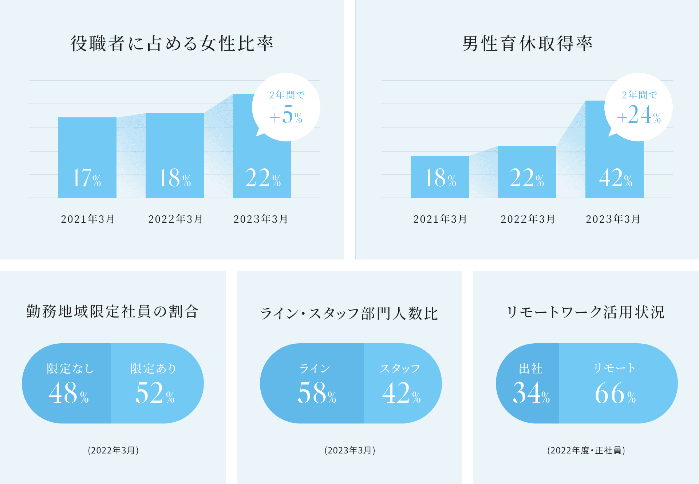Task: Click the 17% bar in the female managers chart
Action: click(87, 157)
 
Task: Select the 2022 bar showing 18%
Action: click(175, 156)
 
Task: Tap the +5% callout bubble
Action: click(286, 107)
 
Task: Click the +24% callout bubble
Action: click(639, 107)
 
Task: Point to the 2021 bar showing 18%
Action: click(440, 177)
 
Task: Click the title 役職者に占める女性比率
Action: click(172, 44)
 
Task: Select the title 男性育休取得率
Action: click(527, 44)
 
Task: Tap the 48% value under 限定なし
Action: click(68, 393)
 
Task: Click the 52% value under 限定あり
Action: click(155, 393)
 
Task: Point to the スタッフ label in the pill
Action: click(400, 368)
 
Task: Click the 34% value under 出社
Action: click(531, 393)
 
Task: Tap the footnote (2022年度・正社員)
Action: click(586, 450)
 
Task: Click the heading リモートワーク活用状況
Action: click(586, 312)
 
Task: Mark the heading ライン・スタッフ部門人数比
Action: click(349, 313)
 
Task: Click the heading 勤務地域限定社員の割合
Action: click(112, 312)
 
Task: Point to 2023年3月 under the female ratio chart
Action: click(261, 219)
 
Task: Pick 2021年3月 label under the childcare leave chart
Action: click(440, 219)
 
